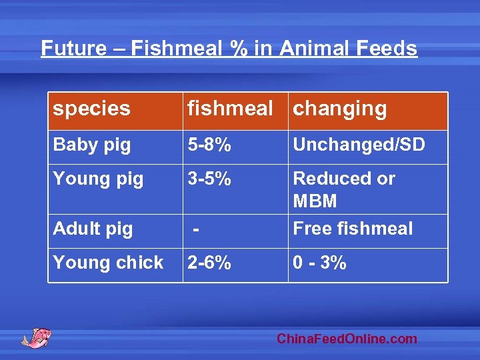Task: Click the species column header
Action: click(x=92, y=109)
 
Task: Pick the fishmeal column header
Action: click(x=230, y=109)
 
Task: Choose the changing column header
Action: click(x=340, y=109)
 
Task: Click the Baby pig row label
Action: click(x=92, y=145)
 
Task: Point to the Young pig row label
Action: click(x=98, y=179)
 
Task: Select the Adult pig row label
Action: click(x=93, y=229)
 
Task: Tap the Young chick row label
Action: click(x=108, y=263)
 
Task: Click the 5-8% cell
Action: click(x=209, y=145)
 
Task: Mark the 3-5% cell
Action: click(x=209, y=179)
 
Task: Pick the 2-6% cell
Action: click(x=209, y=263)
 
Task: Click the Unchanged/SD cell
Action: click(x=359, y=145)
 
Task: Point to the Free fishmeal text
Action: click(x=353, y=229)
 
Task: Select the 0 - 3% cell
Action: click(x=320, y=263)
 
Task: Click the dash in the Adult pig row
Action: click(x=195, y=229)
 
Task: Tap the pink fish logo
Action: click(x=36, y=337)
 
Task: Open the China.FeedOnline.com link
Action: click(x=347, y=339)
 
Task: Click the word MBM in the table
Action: click(x=315, y=201)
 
